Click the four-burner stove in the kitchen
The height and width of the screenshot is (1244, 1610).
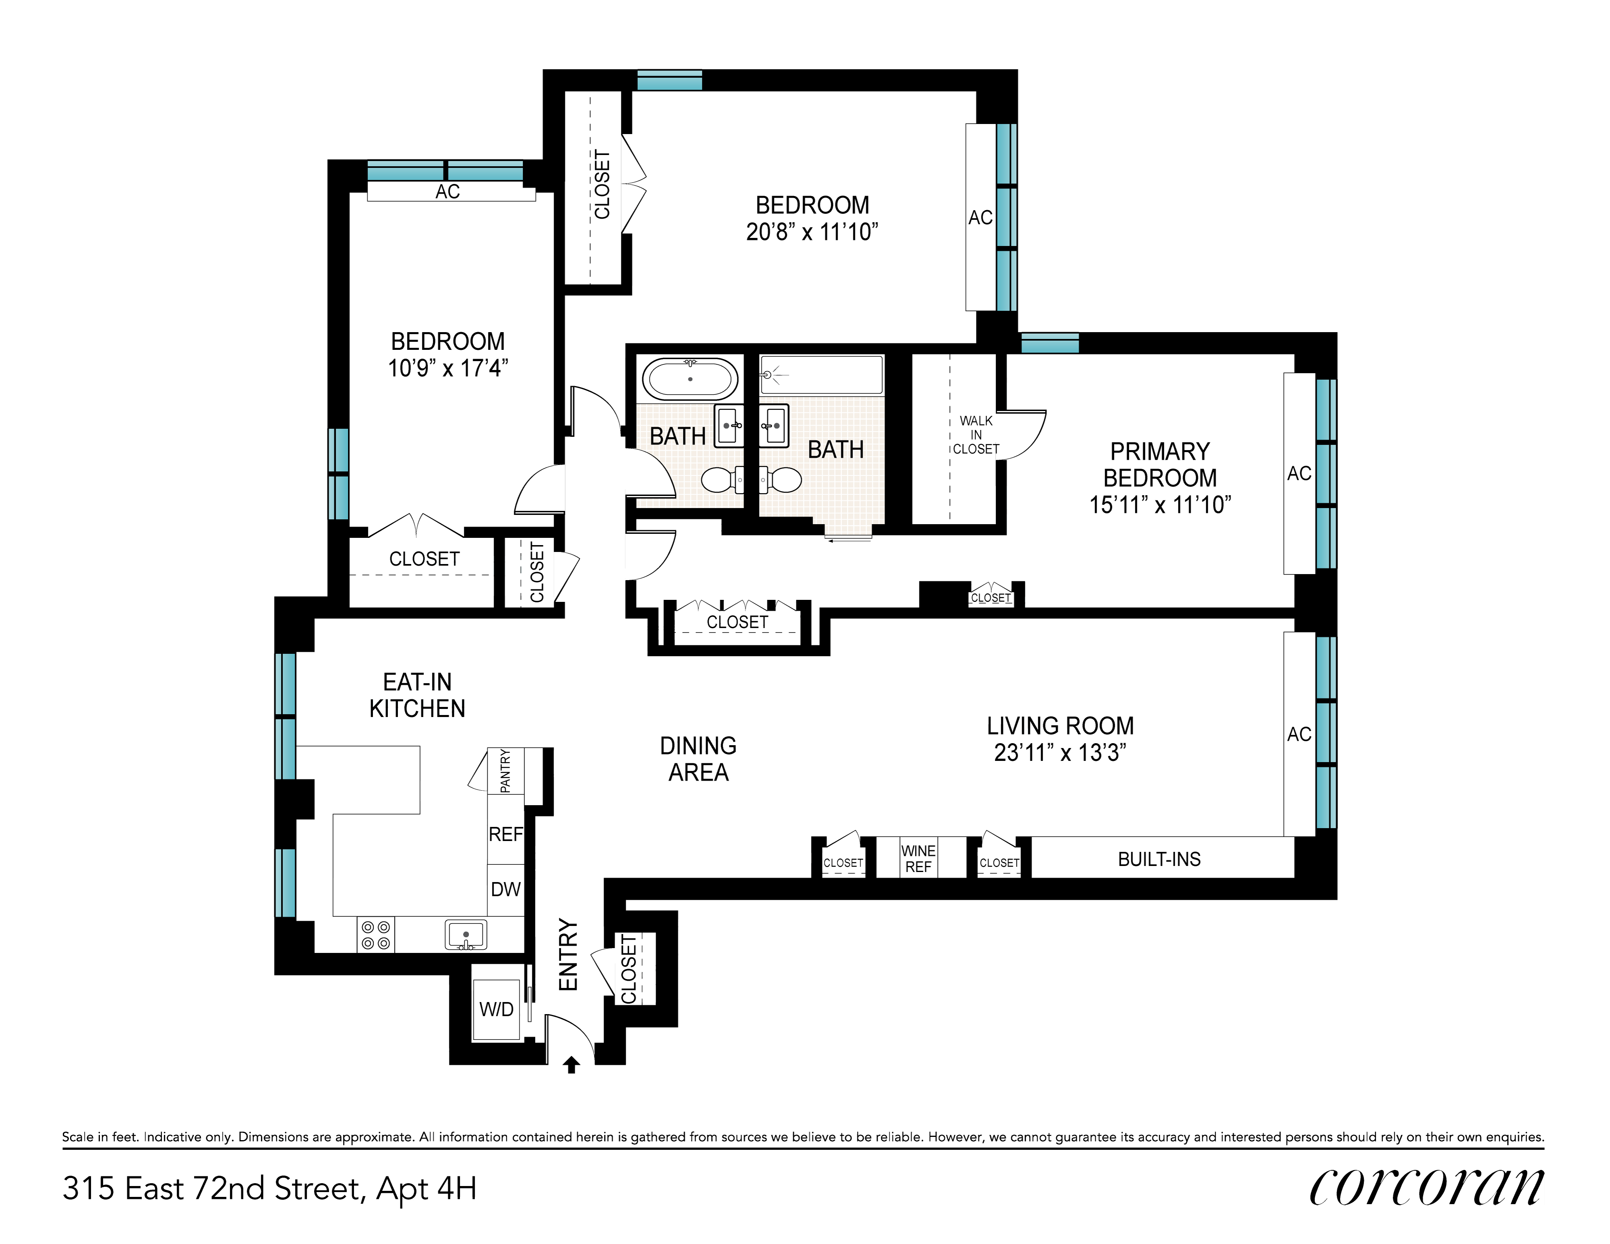click(x=375, y=935)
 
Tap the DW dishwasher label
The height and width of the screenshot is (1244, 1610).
click(x=506, y=889)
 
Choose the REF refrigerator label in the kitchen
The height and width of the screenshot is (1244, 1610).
click(x=506, y=834)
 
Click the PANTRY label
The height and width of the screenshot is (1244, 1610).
click(x=505, y=771)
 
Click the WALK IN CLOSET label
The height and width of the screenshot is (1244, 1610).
click(x=976, y=435)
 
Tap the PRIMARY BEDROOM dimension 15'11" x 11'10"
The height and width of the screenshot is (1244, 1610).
click(x=1160, y=505)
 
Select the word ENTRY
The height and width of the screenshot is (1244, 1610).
click(x=568, y=955)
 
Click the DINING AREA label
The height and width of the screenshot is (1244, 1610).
click(x=698, y=759)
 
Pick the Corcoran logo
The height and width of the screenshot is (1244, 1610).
click(x=1426, y=1188)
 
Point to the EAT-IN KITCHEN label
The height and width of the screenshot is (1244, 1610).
click(x=417, y=695)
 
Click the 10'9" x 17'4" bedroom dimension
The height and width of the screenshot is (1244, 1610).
click(x=448, y=368)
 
